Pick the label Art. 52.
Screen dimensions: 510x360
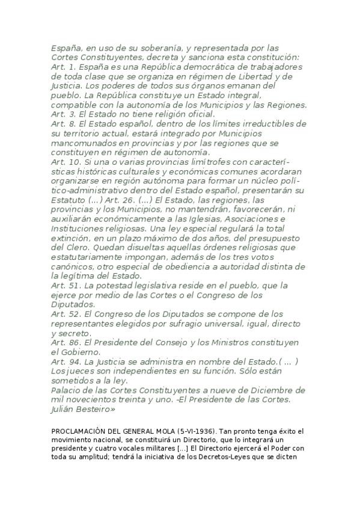click(x=64, y=314)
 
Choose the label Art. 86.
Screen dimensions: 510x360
click(x=64, y=342)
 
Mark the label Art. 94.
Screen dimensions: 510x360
click(x=64, y=361)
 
